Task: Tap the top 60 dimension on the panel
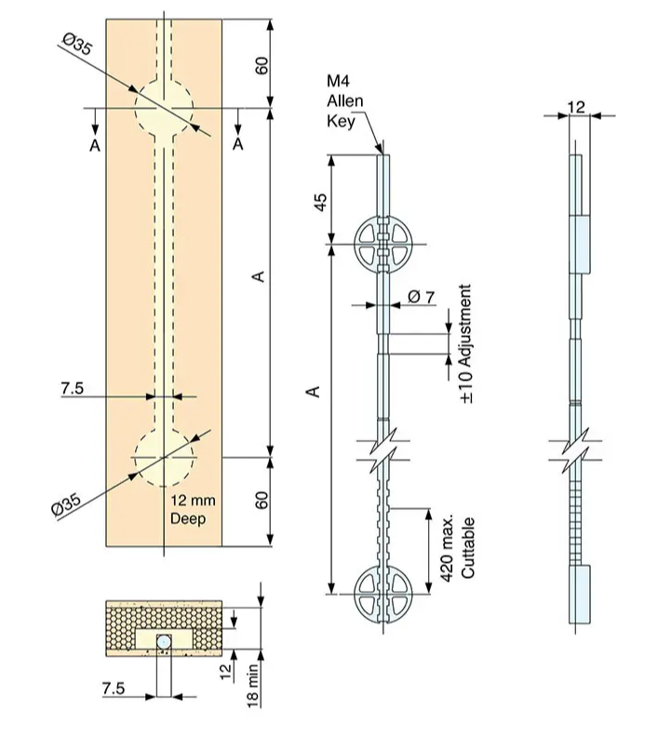tap(262, 64)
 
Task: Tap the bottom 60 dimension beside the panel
tap(262, 500)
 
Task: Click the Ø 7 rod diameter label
tap(421, 297)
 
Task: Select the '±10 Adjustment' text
tap(466, 343)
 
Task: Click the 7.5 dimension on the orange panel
tap(73, 390)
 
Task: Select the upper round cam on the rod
tap(382, 245)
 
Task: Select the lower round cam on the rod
tap(382, 592)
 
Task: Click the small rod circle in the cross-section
tap(164, 642)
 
